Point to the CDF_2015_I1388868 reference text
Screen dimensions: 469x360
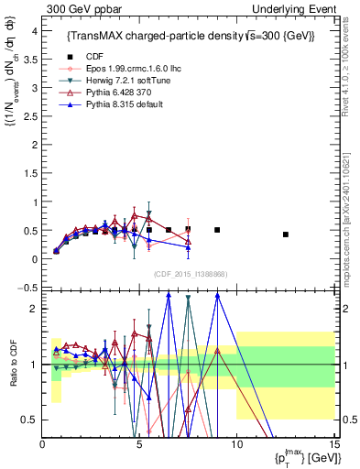pos(190,273)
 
